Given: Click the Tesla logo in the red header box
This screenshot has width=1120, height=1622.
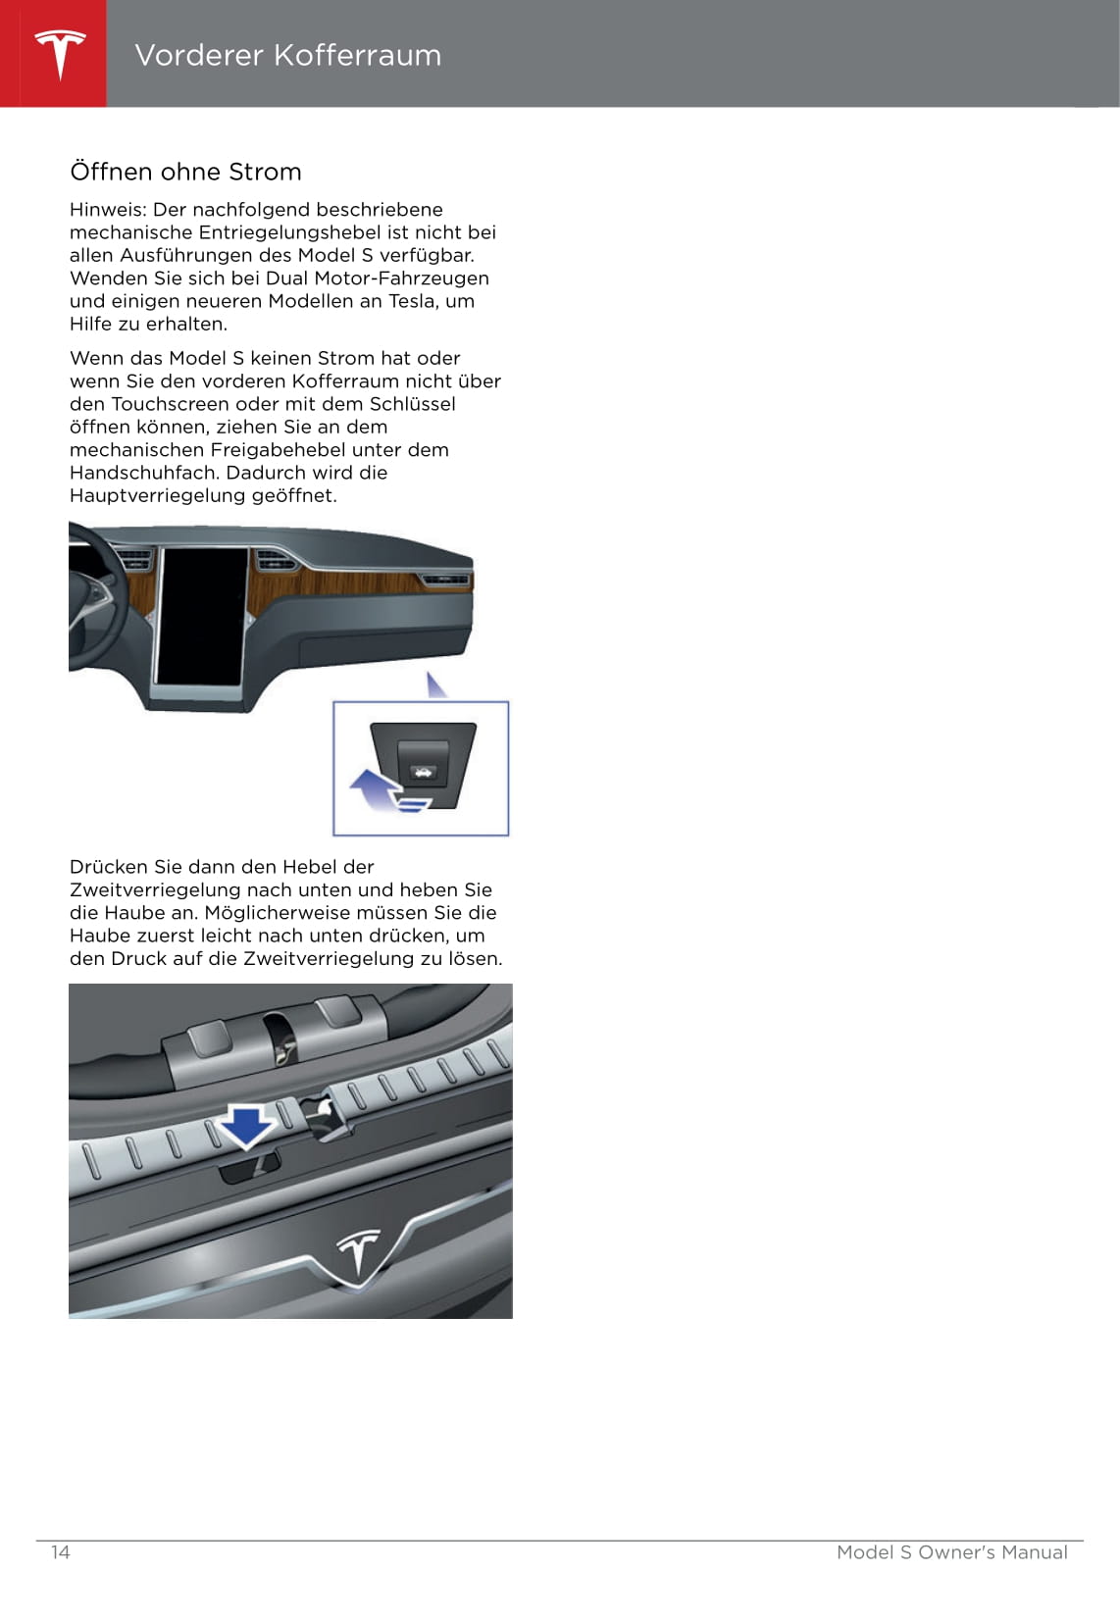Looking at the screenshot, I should [x=60, y=53].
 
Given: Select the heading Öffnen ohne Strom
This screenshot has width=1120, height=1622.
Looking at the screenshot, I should [x=185, y=172].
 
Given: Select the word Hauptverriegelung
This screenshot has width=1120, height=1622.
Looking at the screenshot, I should [x=157, y=496].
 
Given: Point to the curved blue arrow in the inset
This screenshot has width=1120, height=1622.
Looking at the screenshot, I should [x=376, y=788].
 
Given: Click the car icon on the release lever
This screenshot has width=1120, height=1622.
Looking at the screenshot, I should [x=423, y=772].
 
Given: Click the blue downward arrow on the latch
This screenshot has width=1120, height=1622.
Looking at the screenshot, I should [x=245, y=1126].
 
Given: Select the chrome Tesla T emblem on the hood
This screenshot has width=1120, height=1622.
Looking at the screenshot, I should [x=358, y=1254].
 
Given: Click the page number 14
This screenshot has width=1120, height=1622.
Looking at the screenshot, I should [x=61, y=1552].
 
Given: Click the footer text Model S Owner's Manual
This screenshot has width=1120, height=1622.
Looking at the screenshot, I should [x=951, y=1552].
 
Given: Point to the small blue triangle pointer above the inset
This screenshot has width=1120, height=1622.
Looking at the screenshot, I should [x=435, y=685].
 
